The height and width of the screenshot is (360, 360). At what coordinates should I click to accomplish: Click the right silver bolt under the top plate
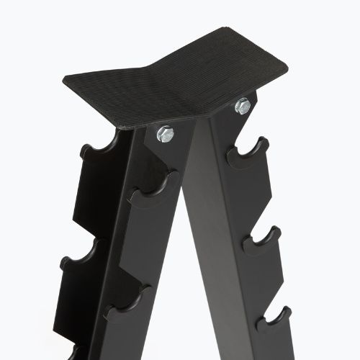pyautogui.click(x=243, y=106)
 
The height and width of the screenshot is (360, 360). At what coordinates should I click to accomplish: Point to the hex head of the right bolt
pyautogui.click(x=243, y=106)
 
